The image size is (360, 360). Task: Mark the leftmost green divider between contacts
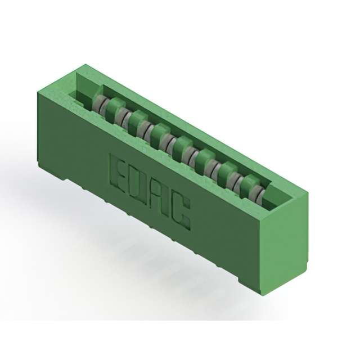[x=114, y=107]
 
